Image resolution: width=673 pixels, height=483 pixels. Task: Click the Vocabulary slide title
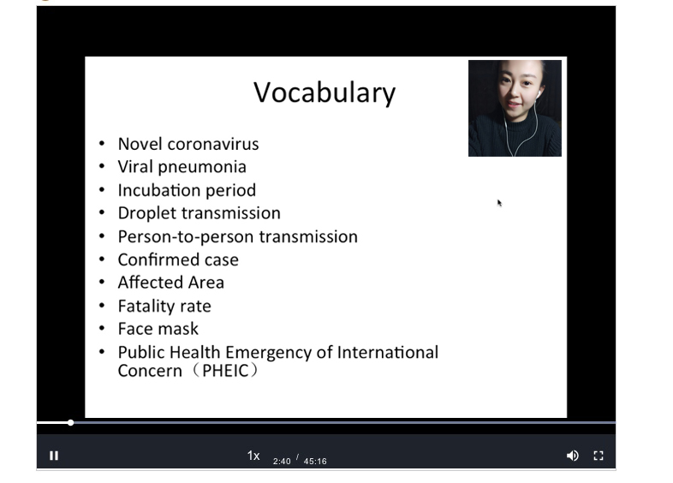click(x=325, y=92)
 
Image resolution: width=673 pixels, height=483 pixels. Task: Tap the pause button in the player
click(x=54, y=456)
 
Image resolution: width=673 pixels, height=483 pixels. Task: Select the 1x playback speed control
click(x=253, y=456)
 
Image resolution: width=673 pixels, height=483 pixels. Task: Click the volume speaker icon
click(x=572, y=456)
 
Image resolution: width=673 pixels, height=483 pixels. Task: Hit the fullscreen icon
click(x=599, y=456)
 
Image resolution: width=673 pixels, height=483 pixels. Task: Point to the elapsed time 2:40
click(x=282, y=461)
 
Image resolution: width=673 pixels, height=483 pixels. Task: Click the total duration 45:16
click(x=315, y=461)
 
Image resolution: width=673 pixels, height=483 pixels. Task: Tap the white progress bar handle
click(x=70, y=423)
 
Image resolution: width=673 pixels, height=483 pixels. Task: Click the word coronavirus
click(x=213, y=144)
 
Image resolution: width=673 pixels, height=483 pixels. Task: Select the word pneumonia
click(x=202, y=168)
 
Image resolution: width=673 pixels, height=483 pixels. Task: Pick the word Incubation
click(x=159, y=190)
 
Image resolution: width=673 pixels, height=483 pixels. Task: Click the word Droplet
click(x=145, y=214)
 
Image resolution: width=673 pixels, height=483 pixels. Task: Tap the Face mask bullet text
click(x=158, y=329)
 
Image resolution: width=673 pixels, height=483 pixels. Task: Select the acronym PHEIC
click(x=225, y=371)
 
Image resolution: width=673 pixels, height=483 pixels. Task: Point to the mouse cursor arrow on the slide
click(x=499, y=203)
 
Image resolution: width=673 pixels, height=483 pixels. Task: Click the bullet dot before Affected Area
click(x=102, y=282)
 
